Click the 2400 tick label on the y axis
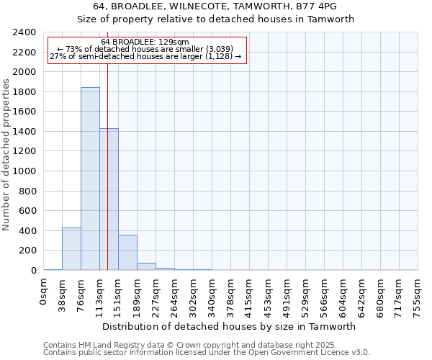click(24, 32)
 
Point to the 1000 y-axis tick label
click(24, 171)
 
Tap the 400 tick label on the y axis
click(27, 231)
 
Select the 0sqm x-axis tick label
click(44, 292)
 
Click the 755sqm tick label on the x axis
click(418, 294)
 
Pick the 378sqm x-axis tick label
click(230, 294)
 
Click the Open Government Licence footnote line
click(206, 352)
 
